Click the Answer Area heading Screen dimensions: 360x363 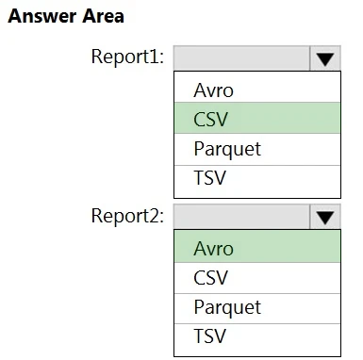(x=66, y=17)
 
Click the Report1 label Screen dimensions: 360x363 (x=127, y=57)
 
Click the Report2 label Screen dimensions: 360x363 (x=127, y=215)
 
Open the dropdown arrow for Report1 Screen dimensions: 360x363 (x=324, y=57)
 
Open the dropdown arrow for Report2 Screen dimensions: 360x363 (x=324, y=216)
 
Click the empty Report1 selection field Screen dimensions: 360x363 (x=241, y=57)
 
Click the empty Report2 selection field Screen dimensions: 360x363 (x=241, y=216)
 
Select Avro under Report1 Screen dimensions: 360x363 (x=213, y=90)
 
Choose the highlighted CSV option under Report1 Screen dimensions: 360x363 (x=211, y=119)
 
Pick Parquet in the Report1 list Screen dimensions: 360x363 (x=227, y=148)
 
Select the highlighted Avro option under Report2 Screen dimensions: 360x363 (x=213, y=249)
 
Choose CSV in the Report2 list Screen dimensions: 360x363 (x=211, y=278)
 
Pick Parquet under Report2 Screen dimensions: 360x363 (x=227, y=306)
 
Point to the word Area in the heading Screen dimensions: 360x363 (x=104, y=17)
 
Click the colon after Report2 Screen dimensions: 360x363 (x=161, y=217)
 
